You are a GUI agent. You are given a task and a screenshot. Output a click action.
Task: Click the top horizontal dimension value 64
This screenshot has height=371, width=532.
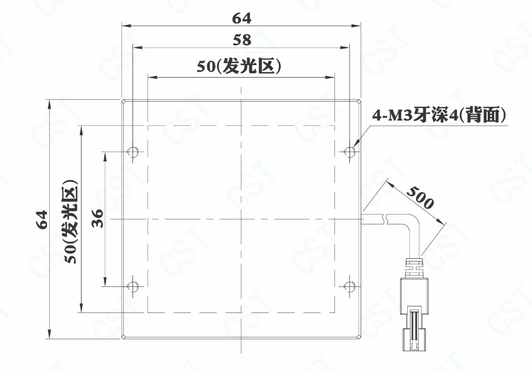coord(241,18)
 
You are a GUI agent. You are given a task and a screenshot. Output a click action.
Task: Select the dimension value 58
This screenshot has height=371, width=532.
coord(242,40)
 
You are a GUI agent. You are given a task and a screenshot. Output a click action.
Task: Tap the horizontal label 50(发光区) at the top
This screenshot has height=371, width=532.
coord(239,66)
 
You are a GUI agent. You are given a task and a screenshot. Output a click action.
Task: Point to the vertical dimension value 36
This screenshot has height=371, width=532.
coord(98,218)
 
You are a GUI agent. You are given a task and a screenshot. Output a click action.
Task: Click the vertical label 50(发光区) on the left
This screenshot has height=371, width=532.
coord(72,222)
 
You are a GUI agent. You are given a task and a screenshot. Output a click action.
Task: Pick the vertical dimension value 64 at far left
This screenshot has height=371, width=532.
coord(42,219)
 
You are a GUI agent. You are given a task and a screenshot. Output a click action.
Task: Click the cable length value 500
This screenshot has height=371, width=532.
coord(420,198)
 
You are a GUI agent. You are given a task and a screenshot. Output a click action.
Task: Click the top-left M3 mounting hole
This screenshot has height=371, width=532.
coord(132,151)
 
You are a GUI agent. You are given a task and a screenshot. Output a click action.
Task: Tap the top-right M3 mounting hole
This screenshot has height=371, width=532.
coord(349,151)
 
